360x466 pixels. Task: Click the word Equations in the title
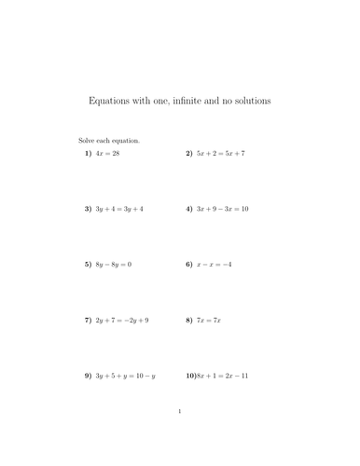[110, 101]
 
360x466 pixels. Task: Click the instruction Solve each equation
[109, 141]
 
